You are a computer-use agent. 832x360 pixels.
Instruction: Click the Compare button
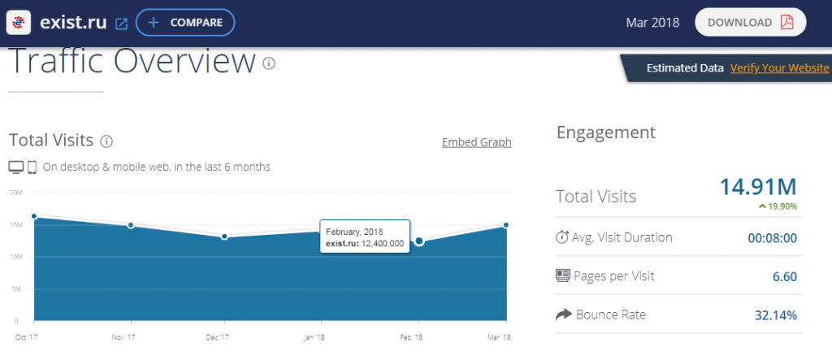[185, 23]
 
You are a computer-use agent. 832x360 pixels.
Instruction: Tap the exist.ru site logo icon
[19, 23]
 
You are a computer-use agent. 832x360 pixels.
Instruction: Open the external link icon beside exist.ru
[121, 24]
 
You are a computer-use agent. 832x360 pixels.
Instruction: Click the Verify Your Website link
[779, 68]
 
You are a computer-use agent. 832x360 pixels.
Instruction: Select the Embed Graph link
[476, 142]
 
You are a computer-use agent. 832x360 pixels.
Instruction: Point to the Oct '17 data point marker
[34, 216]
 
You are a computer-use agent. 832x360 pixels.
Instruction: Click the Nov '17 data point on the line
[130, 225]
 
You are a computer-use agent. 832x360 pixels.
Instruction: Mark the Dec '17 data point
[224, 236]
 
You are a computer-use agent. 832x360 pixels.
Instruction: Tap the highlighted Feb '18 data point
[419, 241]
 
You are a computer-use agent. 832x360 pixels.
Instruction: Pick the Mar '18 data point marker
[506, 225]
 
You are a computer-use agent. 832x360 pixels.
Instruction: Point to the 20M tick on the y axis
[15, 193]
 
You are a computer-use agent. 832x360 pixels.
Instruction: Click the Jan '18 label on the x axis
[314, 336]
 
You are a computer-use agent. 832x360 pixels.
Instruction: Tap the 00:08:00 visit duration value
[772, 238]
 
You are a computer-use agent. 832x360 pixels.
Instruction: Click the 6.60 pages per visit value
[784, 276]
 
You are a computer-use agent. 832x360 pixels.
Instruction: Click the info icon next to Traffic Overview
[269, 63]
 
